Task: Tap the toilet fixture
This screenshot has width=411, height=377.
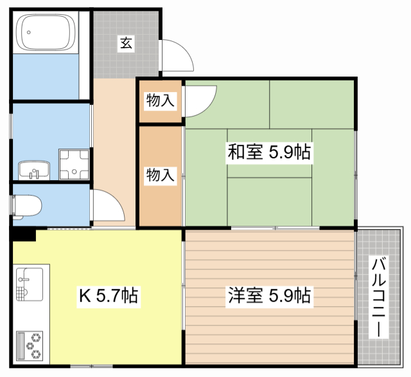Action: (27, 205)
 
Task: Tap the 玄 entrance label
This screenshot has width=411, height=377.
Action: (127, 43)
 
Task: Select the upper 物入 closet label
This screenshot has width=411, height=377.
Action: (160, 100)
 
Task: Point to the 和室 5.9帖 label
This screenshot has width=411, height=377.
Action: (269, 152)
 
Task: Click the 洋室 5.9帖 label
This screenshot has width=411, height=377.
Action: (269, 296)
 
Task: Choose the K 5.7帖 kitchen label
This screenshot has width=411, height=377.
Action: (108, 297)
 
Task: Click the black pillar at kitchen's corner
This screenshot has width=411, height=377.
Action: (23, 235)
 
